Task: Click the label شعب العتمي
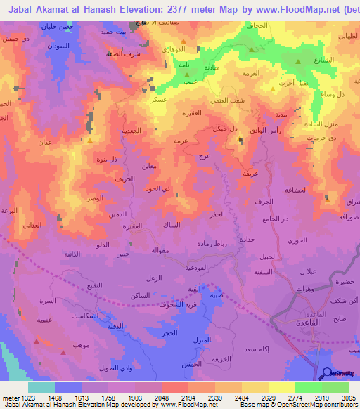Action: coord(236,99)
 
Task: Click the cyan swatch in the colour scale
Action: coord(41,387)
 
